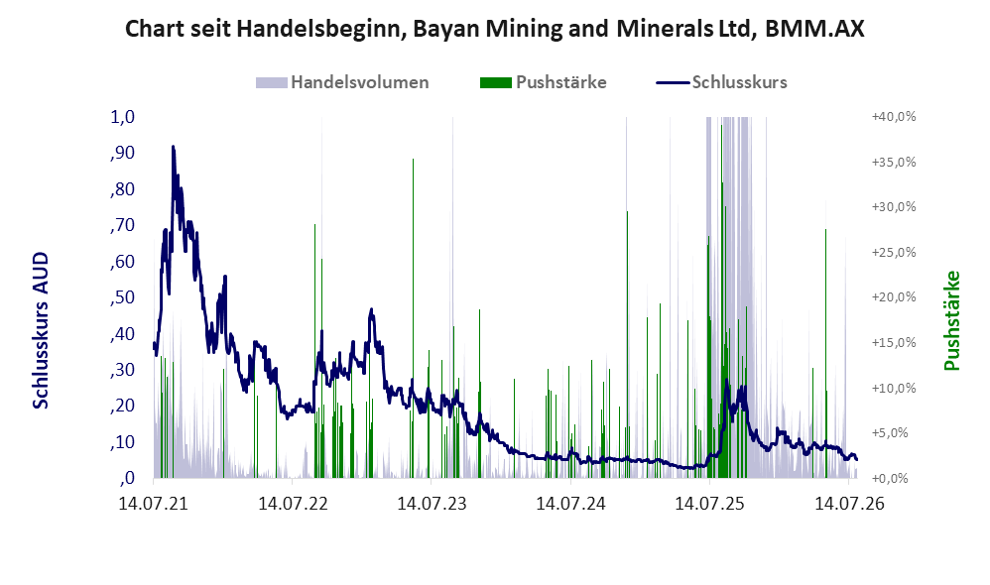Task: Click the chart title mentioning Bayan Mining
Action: click(x=494, y=29)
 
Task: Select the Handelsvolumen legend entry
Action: click(x=342, y=82)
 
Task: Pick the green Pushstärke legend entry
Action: click(x=543, y=82)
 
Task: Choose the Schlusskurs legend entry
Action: click(x=721, y=82)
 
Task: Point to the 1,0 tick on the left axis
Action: click(x=122, y=117)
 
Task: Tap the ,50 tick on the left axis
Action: click(x=122, y=297)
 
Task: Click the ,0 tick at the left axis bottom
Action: click(x=127, y=478)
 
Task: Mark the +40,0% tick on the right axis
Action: click(x=894, y=117)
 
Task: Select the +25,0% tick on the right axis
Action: click(x=894, y=253)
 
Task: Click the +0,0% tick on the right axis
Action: click(x=890, y=478)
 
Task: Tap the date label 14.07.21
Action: click(x=154, y=504)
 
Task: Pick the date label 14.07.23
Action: click(x=432, y=504)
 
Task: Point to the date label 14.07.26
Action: click(x=849, y=504)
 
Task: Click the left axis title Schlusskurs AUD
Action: click(x=41, y=330)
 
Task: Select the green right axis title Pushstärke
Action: click(x=951, y=320)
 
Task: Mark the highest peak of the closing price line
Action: click(x=173, y=147)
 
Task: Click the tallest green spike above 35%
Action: click(x=413, y=159)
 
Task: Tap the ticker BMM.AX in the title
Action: click(x=814, y=29)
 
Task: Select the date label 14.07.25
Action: click(x=709, y=504)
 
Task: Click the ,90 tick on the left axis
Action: click(x=122, y=153)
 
